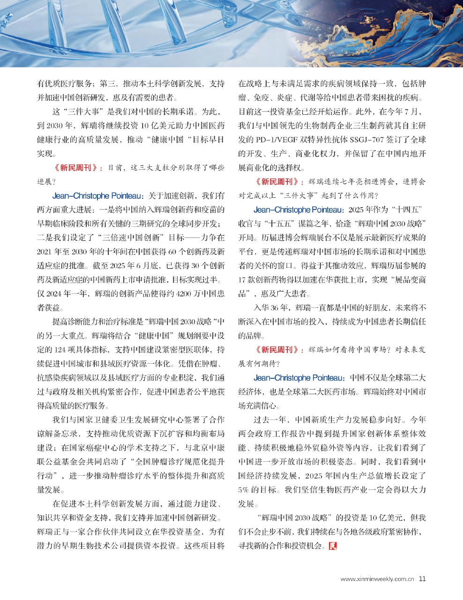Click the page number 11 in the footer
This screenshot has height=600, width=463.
coord(422,578)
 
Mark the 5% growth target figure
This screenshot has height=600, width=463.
coord(246,490)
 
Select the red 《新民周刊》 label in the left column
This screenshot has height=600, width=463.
coord(77,167)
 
